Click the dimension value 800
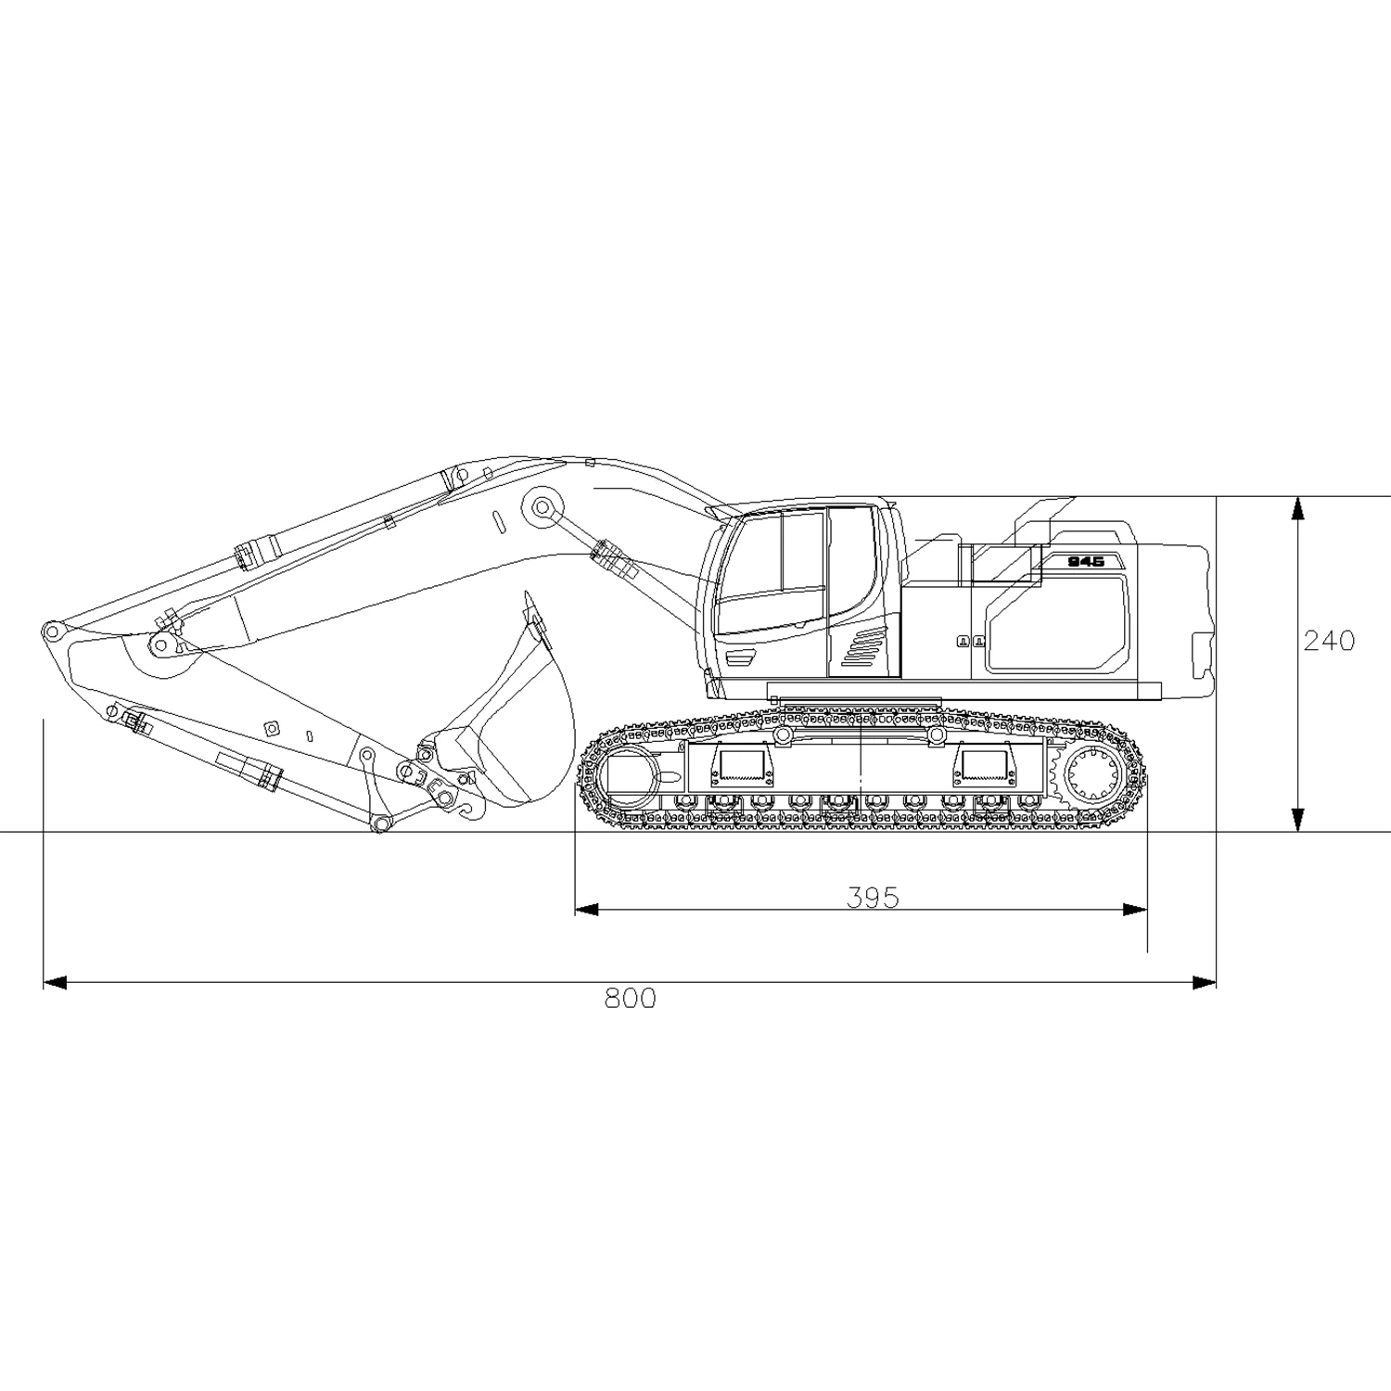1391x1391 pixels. pos(630,999)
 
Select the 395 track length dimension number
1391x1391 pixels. pos(873,897)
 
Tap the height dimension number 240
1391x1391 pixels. pos(1329,641)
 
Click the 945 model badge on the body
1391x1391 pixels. pos(1085,562)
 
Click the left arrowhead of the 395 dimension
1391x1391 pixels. pos(587,909)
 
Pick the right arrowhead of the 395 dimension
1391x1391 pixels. pos(1136,909)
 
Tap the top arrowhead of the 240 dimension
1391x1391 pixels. pos(1298,509)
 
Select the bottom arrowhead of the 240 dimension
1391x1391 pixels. pos(1298,820)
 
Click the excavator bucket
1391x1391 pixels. pos(519,723)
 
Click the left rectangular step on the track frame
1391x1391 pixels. pos(740,763)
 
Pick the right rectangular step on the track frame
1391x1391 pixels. pos(984,763)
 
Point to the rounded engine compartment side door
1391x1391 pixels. pos(1057,623)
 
